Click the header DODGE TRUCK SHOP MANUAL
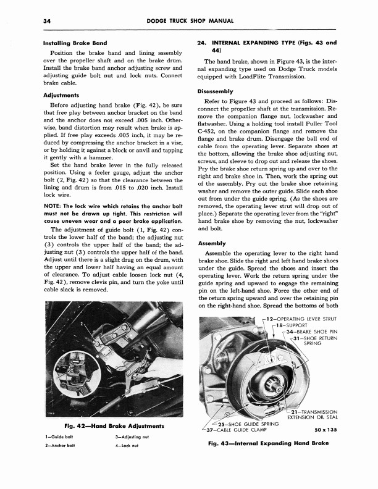click(188, 20)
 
